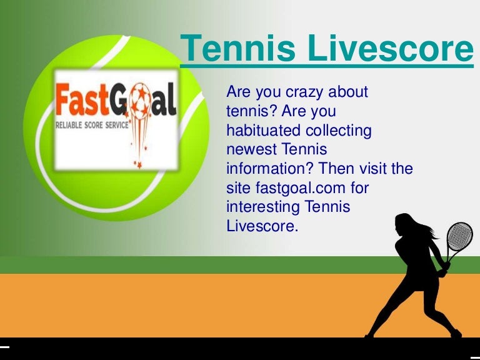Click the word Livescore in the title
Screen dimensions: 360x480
(x=390, y=49)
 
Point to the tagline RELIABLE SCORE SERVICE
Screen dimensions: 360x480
(x=92, y=125)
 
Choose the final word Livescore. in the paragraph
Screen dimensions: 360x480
(x=262, y=225)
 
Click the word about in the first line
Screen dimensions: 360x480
(x=349, y=92)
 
